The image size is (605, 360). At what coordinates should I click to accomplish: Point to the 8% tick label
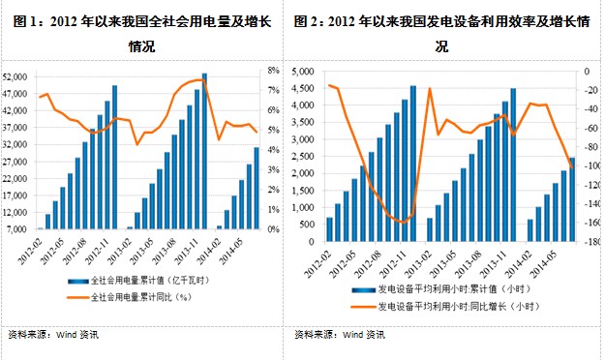[x=275, y=71]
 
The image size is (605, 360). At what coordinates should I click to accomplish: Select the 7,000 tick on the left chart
[x=16, y=229]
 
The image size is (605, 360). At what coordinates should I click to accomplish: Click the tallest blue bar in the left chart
[x=204, y=150]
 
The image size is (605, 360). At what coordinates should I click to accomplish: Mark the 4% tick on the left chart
[x=275, y=150]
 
